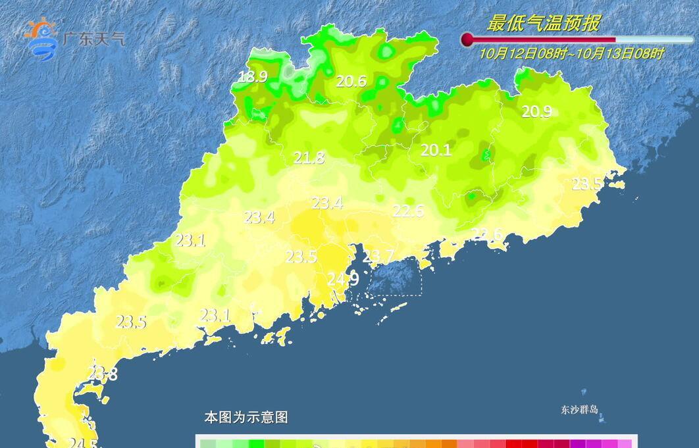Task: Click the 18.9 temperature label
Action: tap(252, 77)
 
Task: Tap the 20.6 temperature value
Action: tap(351, 82)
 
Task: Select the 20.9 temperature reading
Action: tap(536, 112)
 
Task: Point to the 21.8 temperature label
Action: tap(309, 158)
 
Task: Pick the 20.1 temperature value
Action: tap(436, 151)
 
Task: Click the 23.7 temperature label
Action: tap(378, 256)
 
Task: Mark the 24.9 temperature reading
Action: tap(343, 280)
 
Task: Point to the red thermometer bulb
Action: tap(467, 40)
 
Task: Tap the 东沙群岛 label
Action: tap(580, 410)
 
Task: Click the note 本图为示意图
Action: tap(246, 417)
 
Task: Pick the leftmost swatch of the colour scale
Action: tap(208, 443)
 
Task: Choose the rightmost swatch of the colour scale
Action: tap(625, 443)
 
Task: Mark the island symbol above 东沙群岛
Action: tap(584, 393)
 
